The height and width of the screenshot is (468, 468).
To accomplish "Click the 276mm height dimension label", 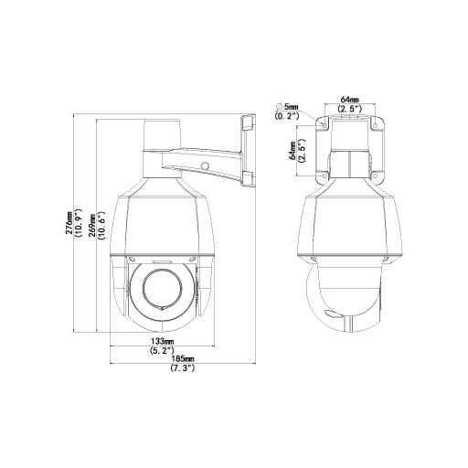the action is tap(69, 223).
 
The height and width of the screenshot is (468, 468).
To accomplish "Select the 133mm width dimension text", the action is tap(162, 340).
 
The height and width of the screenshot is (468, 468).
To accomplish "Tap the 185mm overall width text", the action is tap(182, 358).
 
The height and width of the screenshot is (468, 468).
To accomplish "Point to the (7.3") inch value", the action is tap(182, 367).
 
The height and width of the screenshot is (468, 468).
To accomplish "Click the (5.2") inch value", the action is tap(162, 350).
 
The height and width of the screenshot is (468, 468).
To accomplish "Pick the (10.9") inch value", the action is tap(79, 223).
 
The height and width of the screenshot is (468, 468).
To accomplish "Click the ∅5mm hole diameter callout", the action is tap(287, 107).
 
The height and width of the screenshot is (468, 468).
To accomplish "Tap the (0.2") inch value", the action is tap(286, 116).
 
